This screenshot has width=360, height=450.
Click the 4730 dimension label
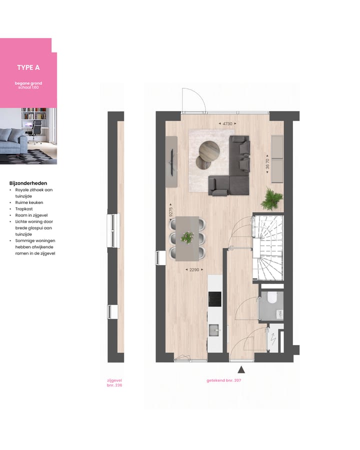click(x=227, y=123)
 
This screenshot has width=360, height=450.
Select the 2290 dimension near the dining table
click(x=194, y=270)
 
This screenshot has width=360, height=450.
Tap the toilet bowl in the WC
click(x=272, y=298)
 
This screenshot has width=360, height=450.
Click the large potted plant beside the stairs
click(x=271, y=198)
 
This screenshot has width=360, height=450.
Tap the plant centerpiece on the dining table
click(x=187, y=237)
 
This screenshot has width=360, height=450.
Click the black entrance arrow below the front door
click(x=241, y=369)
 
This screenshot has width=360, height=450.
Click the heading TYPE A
click(x=28, y=67)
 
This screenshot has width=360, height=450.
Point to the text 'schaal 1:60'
click(x=28, y=87)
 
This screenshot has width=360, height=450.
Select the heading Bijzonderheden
click(x=28, y=183)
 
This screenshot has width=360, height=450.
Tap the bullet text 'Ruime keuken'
click(x=29, y=202)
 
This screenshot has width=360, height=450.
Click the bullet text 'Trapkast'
click(x=25, y=209)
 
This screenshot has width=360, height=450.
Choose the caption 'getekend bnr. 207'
click(x=227, y=380)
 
